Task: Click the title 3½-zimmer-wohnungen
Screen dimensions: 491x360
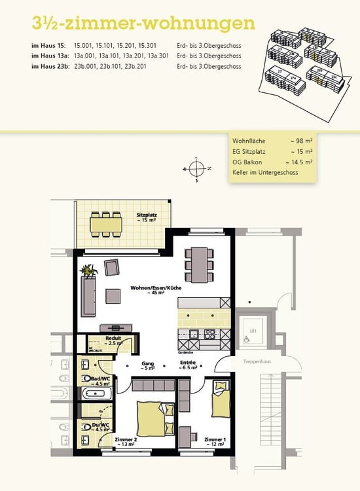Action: click(x=143, y=24)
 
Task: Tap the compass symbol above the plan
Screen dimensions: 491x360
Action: click(x=196, y=168)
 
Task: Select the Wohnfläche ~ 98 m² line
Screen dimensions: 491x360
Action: click(x=272, y=141)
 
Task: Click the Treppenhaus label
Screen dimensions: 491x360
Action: click(x=258, y=361)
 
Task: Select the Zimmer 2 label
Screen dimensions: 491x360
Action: click(x=125, y=441)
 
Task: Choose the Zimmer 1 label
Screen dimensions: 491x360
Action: click(x=214, y=441)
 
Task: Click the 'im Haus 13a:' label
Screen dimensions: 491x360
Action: click(x=50, y=56)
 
